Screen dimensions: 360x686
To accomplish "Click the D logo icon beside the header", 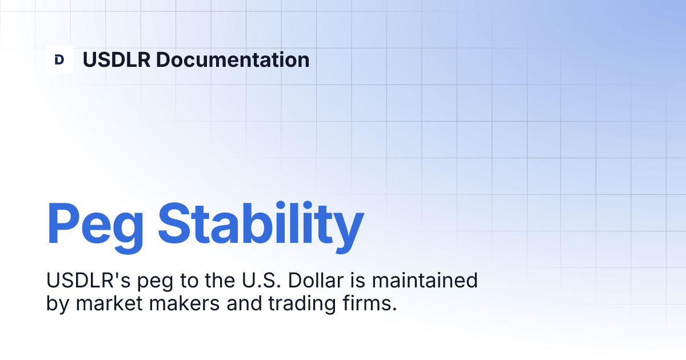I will pyautogui.click(x=59, y=59).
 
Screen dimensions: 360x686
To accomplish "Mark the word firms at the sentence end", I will pyautogui.click(x=372, y=303).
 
